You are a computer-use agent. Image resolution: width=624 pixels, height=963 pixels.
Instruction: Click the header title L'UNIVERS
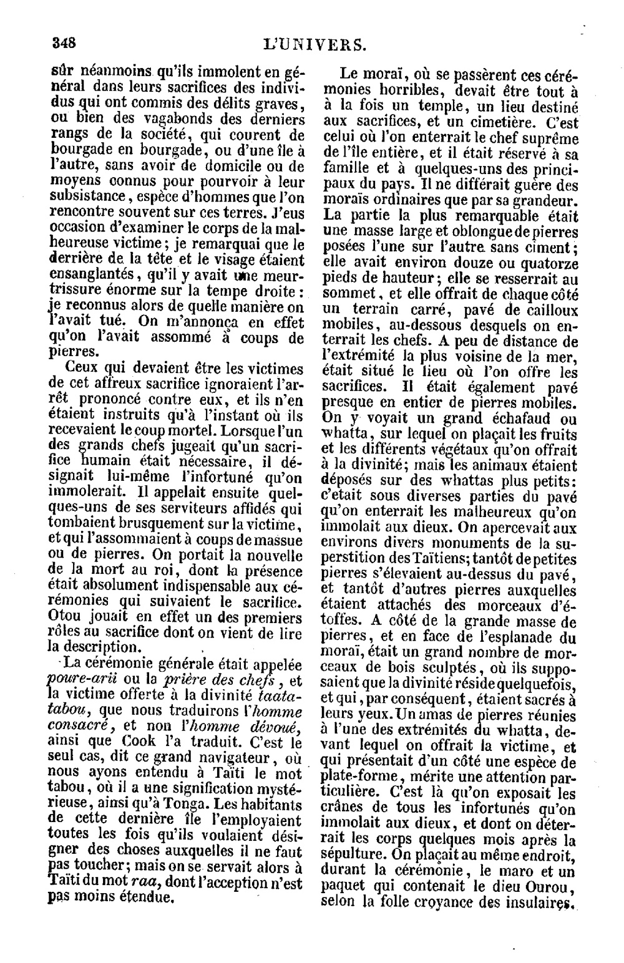(314, 44)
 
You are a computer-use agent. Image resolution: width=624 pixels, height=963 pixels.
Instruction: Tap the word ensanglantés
(87, 275)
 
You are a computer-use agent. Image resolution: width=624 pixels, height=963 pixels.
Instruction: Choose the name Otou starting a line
(64, 617)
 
